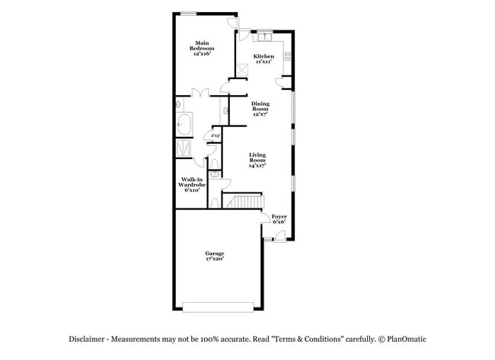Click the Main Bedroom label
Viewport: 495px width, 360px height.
tap(201, 48)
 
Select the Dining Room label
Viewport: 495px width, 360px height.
tap(260, 108)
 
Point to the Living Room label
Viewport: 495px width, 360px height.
tap(257, 160)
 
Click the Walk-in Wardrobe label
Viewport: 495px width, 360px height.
tap(191, 184)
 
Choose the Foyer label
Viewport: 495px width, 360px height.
tap(279, 219)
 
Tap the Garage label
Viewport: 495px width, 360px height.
tap(214, 256)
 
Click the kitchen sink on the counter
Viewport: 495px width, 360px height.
tap(264, 36)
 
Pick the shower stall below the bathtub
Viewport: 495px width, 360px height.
tap(184, 147)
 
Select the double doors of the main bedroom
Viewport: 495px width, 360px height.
tap(200, 94)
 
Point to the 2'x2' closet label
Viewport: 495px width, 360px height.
tap(216, 136)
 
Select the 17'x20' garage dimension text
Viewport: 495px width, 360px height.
tap(214, 260)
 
